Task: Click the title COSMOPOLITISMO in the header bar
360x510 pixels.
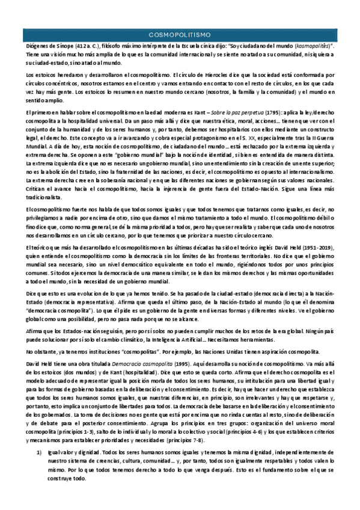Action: point(180,35)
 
